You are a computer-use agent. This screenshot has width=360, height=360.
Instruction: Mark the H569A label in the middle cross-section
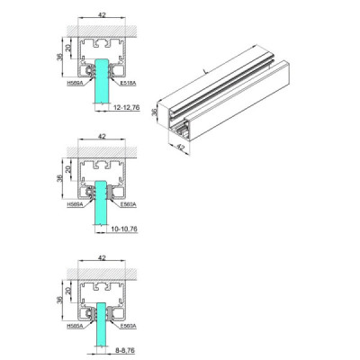pyautogui.click(x=75, y=204)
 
